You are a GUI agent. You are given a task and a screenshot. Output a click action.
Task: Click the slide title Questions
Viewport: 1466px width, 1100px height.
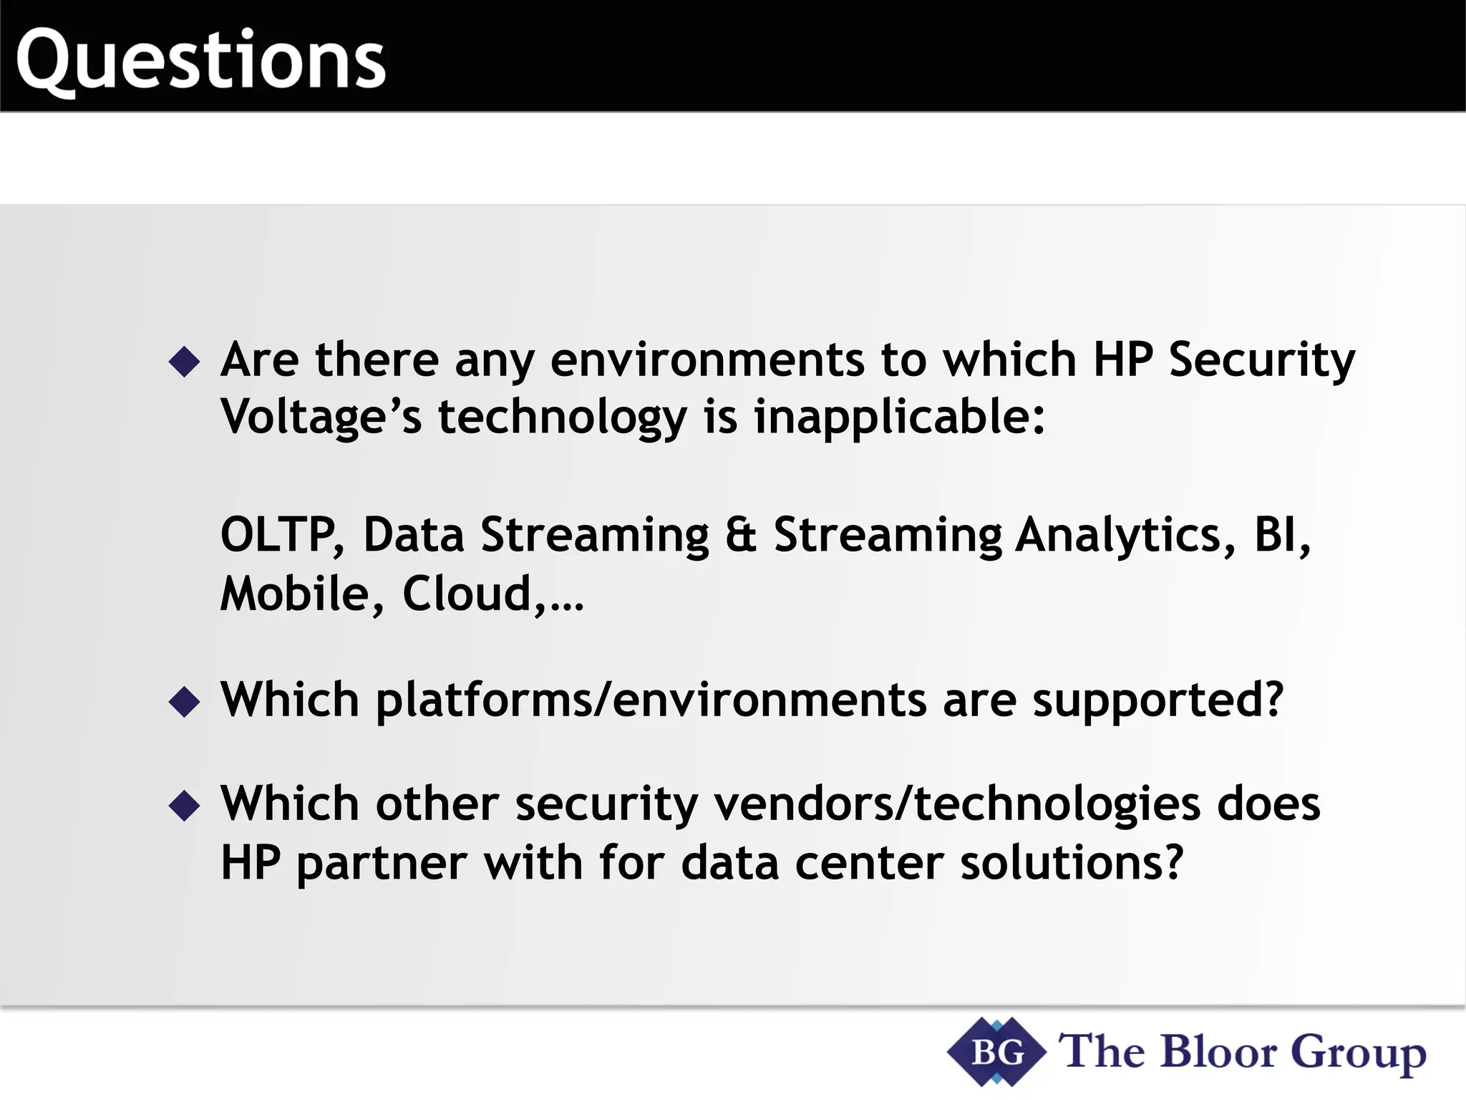[x=200, y=60]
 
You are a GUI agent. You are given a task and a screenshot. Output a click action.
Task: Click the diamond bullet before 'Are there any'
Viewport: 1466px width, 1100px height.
[x=185, y=362]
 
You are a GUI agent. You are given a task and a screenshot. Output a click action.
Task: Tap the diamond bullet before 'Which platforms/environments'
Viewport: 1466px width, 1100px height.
[x=185, y=702]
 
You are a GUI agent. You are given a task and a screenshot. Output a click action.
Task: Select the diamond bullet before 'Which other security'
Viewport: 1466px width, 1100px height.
[x=185, y=806]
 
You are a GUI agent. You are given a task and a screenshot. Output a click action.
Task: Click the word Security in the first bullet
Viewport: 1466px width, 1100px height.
[x=1261, y=360]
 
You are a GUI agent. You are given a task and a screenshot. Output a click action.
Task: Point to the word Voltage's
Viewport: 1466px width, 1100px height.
[x=321, y=418]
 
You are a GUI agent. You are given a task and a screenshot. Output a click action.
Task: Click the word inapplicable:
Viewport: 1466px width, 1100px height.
[x=899, y=418]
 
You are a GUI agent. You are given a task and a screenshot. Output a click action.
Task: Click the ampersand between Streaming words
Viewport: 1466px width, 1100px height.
[x=740, y=535]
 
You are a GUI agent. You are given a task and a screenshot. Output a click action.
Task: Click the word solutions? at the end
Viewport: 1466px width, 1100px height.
[x=1072, y=863]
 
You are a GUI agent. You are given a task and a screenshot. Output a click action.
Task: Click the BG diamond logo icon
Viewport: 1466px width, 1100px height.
[x=996, y=1052]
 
